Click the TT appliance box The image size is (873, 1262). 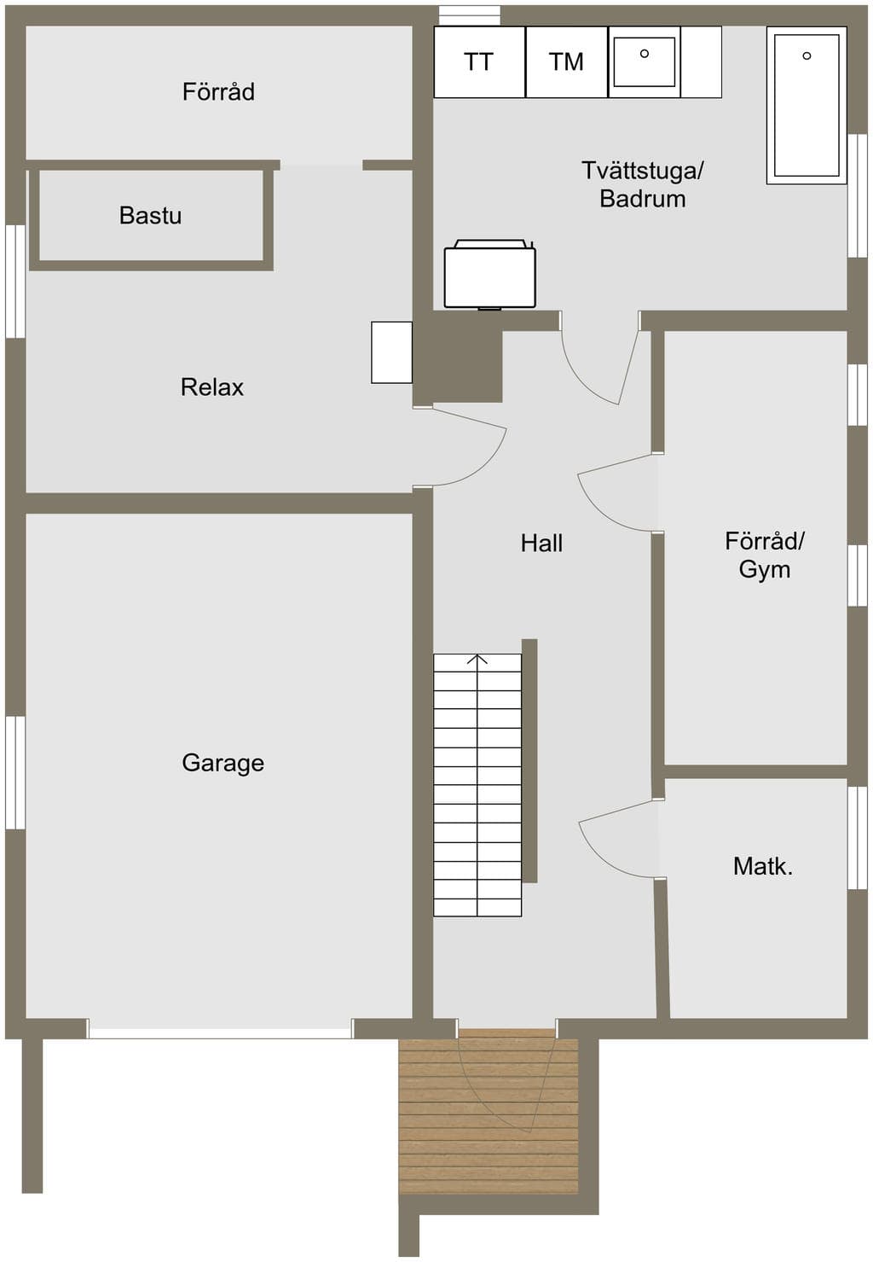tap(480, 62)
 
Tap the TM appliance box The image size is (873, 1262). tap(567, 62)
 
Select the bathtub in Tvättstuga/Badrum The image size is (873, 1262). tap(807, 105)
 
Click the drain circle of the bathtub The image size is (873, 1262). tap(807, 55)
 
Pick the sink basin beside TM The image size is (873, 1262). tap(645, 62)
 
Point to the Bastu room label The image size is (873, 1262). tap(150, 216)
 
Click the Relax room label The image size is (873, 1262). tap(212, 387)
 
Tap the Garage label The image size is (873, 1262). tap(223, 764)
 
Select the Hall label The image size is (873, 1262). tap(541, 543)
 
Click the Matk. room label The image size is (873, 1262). tap(763, 866)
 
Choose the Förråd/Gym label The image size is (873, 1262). tap(765, 555)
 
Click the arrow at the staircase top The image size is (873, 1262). tap(477, 660)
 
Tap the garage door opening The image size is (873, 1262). tap(220, 1030)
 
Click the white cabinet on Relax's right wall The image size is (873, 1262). tap(392, 352)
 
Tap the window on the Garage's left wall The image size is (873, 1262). tap(15, 773)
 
